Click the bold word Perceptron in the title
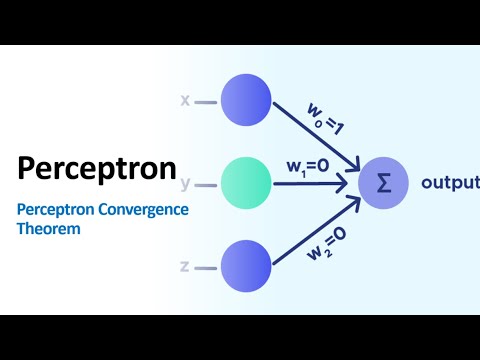[x=97, y=167]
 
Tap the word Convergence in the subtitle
[x=140, y=209]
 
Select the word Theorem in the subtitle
[x=47, y=228]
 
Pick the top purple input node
[x=245, y=101]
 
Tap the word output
[x=449, y=182]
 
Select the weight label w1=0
[x=307, y=167]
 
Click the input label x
[x=184, y=101]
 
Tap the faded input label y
[x=186, y=184]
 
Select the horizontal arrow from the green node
[x=310, y=183]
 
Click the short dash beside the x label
[x=205, y=102]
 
